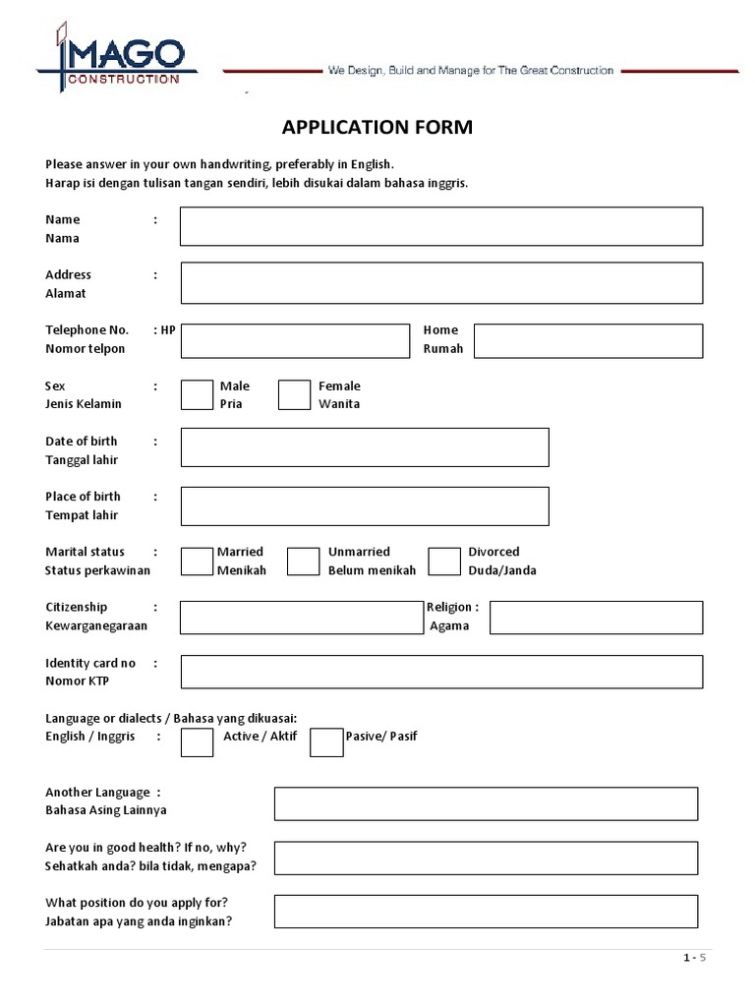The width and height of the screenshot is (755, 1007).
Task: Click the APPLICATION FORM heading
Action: pos(377,127)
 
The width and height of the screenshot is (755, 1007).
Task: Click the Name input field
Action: pos(440,226)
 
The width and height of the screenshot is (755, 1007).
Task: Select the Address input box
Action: pos(440,283)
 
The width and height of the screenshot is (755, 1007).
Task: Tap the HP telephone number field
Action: pos(294,341)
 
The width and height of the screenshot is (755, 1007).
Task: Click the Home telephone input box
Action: pos(588,341)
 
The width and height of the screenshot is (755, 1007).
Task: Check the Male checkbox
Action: pos(197,394)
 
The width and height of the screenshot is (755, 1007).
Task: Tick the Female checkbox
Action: pos(294,394)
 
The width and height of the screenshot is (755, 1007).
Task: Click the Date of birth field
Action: pos(365,447)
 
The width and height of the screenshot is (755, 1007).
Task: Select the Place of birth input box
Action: pos(365,505)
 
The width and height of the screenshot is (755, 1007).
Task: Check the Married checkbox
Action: pos(197,562)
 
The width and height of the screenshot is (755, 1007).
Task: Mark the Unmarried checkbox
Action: pos(303,562)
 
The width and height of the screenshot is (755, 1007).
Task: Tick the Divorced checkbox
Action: pos(444,562)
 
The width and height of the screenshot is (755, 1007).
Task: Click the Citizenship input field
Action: pos(300,618)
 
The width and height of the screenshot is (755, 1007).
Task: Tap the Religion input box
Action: pos(596,618)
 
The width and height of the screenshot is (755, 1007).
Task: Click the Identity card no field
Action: pos(440,672)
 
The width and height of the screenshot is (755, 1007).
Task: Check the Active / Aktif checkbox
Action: pos(197,742)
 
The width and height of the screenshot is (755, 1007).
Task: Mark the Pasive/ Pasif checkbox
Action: pos(326,742)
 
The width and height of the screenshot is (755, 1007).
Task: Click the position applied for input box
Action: pos(486,912)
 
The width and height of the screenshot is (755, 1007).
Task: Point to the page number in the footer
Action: pos(695,958)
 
